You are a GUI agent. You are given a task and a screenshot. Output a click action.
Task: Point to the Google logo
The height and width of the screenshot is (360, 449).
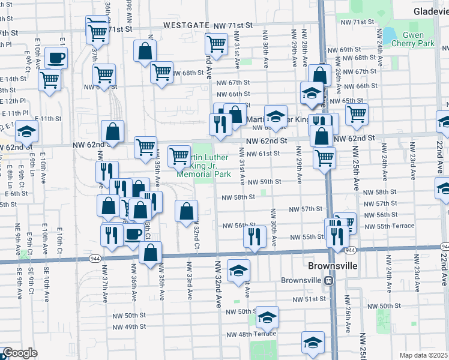tap(20, 353)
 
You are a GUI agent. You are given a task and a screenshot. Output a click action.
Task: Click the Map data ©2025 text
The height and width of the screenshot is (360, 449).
tap(423, 355)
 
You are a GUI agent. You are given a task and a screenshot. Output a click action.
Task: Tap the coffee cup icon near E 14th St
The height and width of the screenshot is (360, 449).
tap(56, 58)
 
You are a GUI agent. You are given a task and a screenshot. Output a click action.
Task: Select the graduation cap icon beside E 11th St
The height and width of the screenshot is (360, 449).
tap(27, 130)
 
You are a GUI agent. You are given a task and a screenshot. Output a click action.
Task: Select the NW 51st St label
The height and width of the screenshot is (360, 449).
tap(309, 299)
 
